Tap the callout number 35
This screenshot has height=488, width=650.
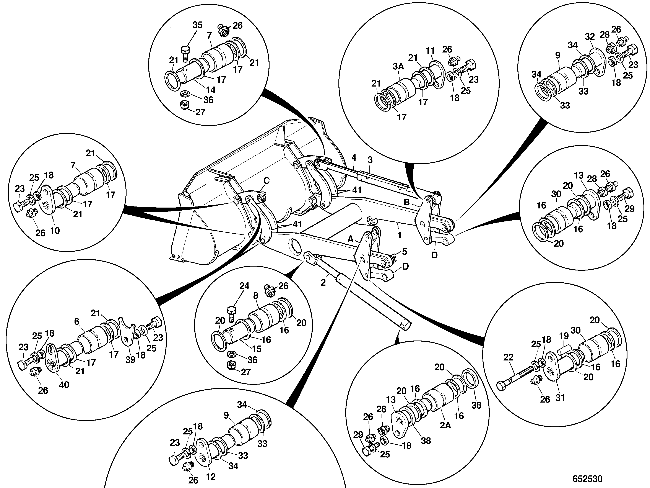(x=197, y=25)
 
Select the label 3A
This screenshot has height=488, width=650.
(x=398, y=67)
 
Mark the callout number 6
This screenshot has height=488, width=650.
(x=77, y=321)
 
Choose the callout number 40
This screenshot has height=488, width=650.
(x=64, y=385)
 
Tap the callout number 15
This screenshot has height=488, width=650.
(x=257, y=349)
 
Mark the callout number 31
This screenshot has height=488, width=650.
(x=560, y=398)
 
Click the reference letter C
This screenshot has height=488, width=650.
(x=266, y=181)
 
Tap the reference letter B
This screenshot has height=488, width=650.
(x=407, y=202)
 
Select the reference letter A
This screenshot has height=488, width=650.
(x=350, y=239)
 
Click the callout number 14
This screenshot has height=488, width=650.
(x=210, y=90)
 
